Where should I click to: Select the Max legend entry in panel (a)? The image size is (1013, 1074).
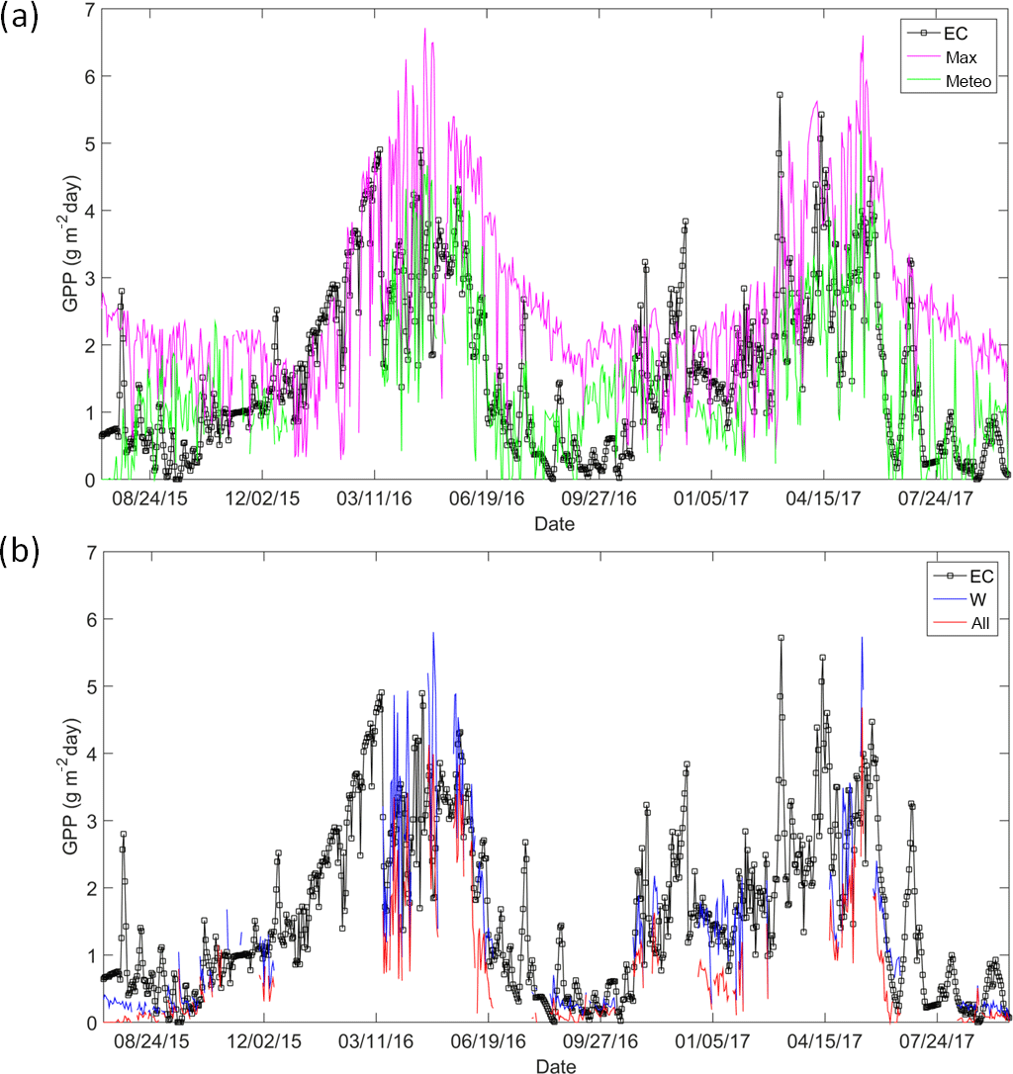coord(961,58)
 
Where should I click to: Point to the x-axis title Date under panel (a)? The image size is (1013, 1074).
coord(554,521)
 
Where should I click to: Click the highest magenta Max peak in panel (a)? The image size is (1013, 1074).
coord(424,29)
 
